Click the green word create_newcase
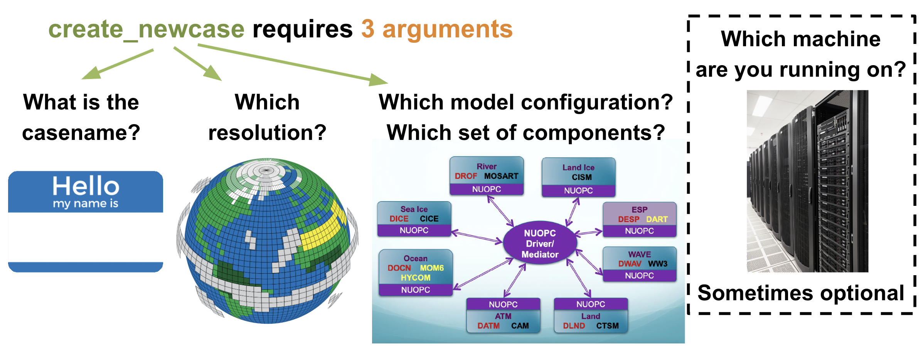(x=147, y=30)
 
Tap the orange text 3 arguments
(x=437, y=30)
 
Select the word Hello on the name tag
(x=86, y=186)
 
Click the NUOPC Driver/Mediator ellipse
(x=540, y=243)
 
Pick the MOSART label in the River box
(x=501, y=176)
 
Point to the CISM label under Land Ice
(x=581, y=177)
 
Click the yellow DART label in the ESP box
(x=657, y=219)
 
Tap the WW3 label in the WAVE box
(x=658, y=264)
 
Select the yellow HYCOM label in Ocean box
(x=415, y=278)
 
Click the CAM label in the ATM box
(x=520, y=326)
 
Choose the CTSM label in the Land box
(x=607, y=326)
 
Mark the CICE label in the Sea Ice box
(x=429, y=219)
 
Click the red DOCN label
(x=399, y=268)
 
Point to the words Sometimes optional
(x=801, y=293)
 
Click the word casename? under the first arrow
(x=81, y=133)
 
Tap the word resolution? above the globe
(x=267, y=133)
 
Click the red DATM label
(x=488, y=326)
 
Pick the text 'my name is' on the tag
(x=86, y=204)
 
